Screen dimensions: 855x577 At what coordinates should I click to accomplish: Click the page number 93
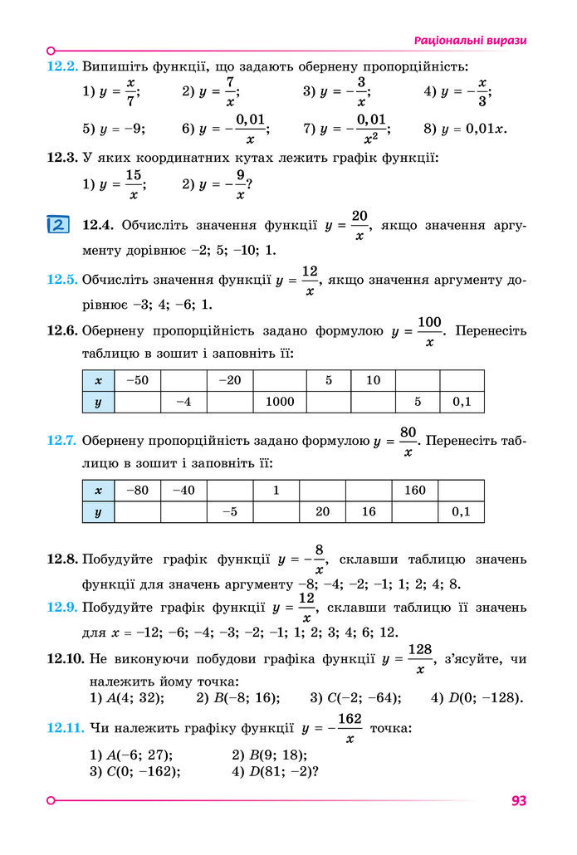tap(519, 801)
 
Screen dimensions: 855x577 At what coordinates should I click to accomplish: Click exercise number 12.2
tap(62, 66)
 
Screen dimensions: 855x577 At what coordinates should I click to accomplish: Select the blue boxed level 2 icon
tap(58, 225)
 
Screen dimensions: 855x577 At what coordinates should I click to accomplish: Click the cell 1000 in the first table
tap(280, 402)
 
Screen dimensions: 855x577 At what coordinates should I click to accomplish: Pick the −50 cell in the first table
tap(137, 380)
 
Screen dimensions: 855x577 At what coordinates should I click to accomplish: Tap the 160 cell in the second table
tap(415, 490)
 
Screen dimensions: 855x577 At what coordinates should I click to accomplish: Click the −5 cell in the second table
tap(230, 511)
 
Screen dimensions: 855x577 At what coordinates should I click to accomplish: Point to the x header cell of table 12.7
tap(98, 490)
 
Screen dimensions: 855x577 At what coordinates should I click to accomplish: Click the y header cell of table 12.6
tap(98, 402)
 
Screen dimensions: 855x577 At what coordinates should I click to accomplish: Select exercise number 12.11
tap(66, 728)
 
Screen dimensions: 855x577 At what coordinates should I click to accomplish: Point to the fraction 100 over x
tap(429, 331)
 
